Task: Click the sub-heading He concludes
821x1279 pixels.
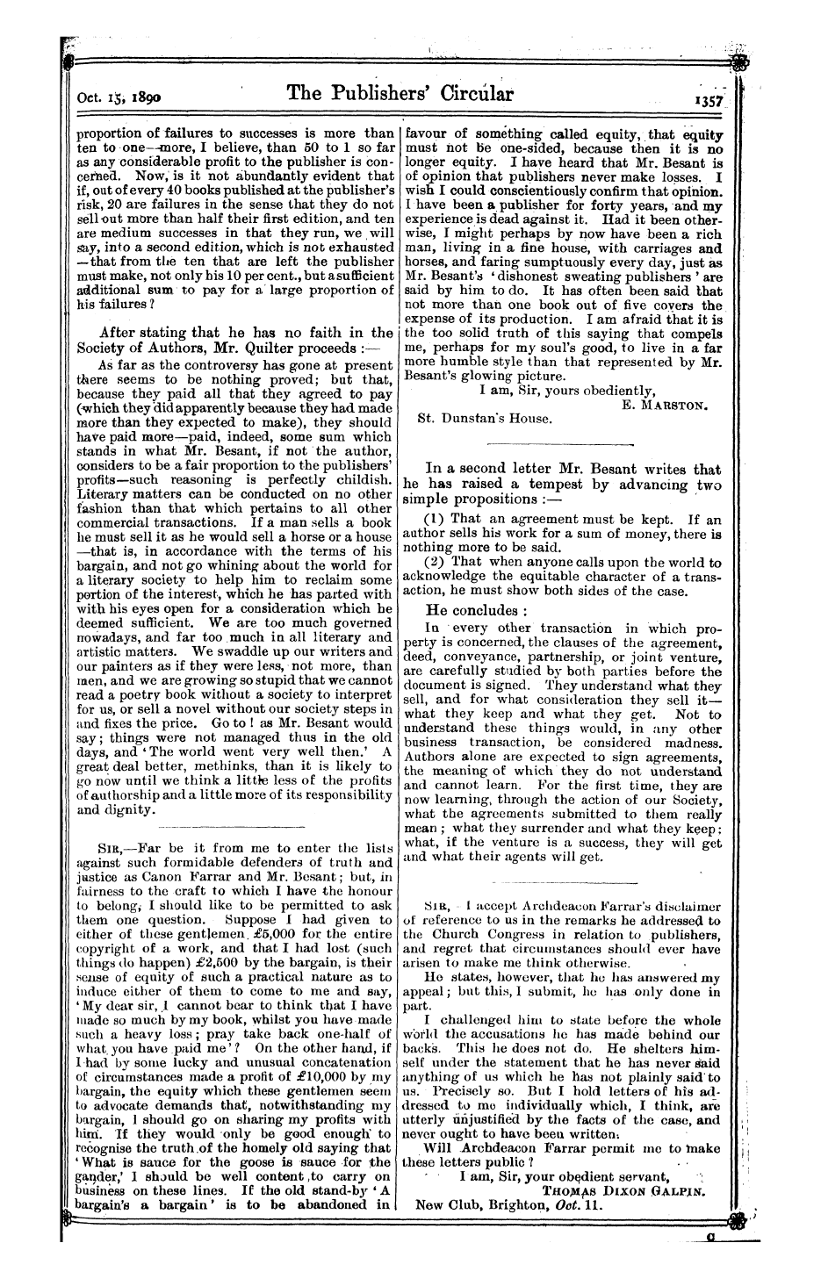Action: (x=476, y=609)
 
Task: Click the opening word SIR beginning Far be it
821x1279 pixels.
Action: (x=104, y=848)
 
